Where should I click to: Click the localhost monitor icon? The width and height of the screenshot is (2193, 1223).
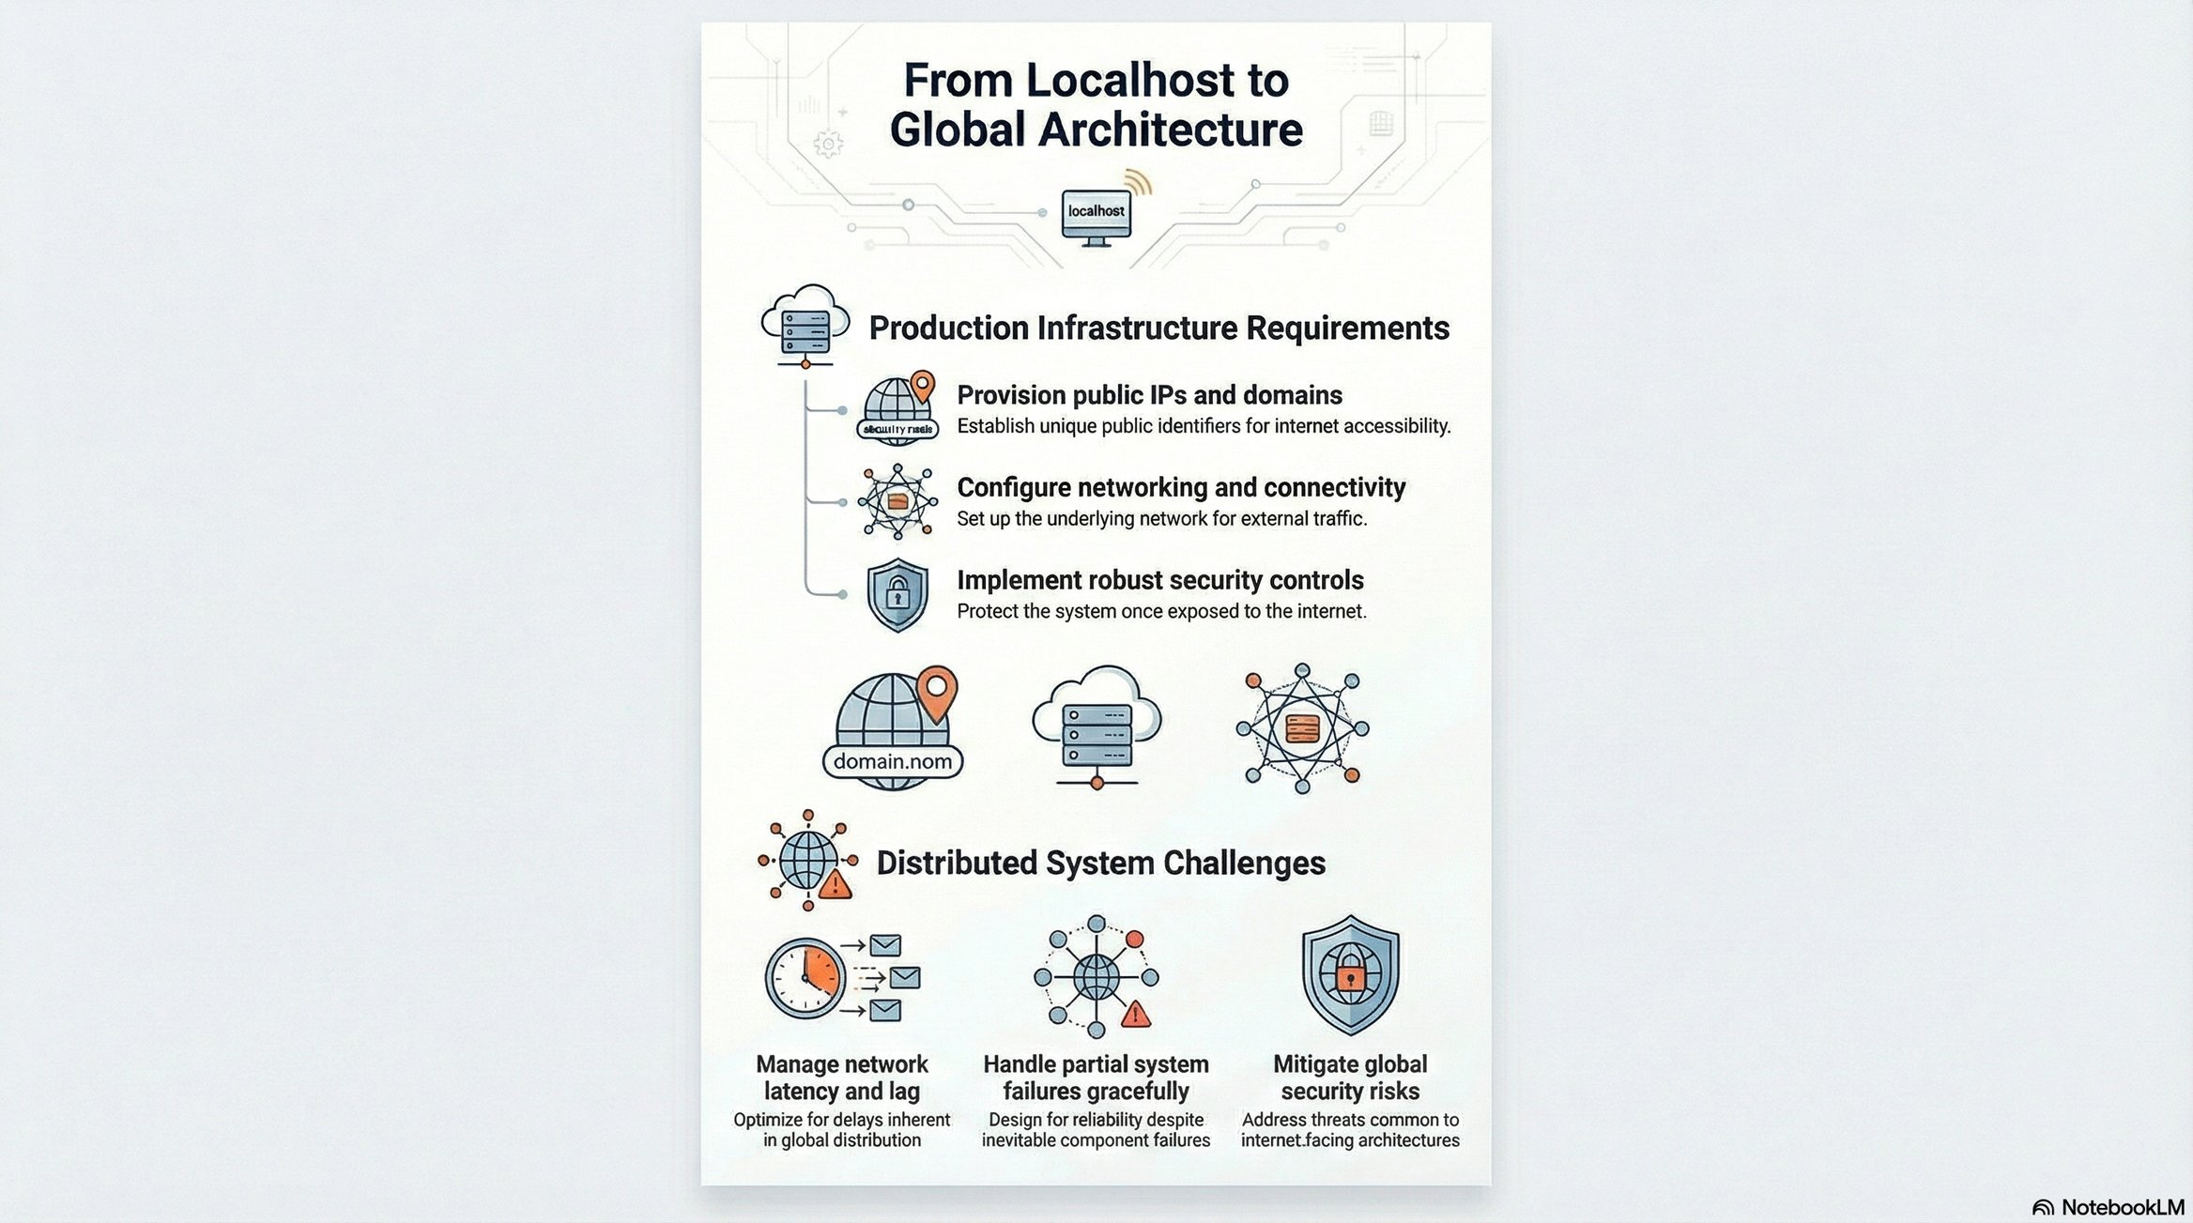1096,216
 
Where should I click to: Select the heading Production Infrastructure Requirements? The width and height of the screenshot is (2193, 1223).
1158,329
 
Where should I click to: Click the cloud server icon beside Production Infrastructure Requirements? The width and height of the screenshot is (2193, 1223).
805,325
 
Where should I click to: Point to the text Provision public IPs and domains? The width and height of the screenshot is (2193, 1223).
1149,395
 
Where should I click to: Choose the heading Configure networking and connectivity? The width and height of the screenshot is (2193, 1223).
1181,488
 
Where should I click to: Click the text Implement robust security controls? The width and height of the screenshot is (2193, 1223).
1159,580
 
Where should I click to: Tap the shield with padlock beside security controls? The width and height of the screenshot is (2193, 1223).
897,594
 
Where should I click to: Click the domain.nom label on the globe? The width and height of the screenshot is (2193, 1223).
892,761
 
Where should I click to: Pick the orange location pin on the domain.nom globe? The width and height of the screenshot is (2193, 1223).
936,691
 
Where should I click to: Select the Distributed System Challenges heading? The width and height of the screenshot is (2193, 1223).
1100,863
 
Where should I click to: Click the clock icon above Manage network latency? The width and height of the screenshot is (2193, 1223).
805,978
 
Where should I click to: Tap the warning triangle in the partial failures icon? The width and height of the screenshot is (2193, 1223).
1135,1014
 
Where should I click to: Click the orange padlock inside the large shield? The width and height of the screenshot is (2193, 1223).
1350,979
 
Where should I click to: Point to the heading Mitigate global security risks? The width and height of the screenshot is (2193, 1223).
1350,1078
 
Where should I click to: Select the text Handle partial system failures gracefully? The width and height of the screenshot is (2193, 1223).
1096,1078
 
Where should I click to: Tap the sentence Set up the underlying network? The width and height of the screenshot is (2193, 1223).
1161,519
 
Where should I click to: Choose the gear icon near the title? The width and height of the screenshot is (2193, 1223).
827,145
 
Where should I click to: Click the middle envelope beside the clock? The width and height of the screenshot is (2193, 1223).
904,978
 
